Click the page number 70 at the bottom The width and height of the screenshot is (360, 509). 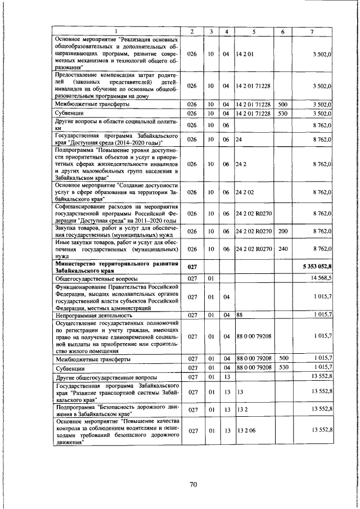pos(193,484)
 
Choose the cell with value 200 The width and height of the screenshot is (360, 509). pos(283,231)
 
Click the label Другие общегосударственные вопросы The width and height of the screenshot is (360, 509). pos(106,377)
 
